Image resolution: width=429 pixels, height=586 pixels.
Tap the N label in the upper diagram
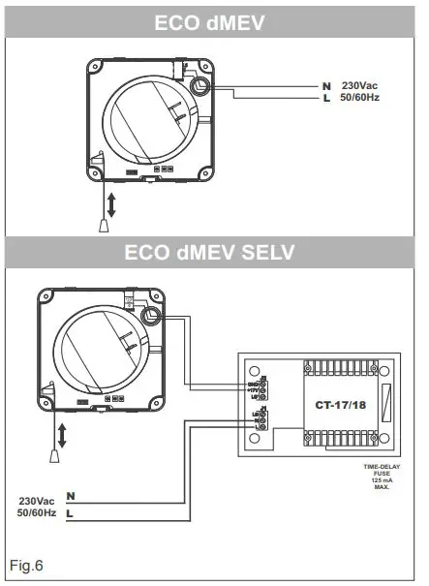(326, 87)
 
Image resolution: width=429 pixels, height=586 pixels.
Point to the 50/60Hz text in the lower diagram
(35, 512)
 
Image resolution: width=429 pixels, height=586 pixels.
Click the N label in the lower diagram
(70, 496)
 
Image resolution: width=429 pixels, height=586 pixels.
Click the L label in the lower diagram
(70, 512)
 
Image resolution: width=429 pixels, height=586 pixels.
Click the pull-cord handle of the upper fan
(104, 226)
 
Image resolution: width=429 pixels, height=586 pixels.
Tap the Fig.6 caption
(27, 564)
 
